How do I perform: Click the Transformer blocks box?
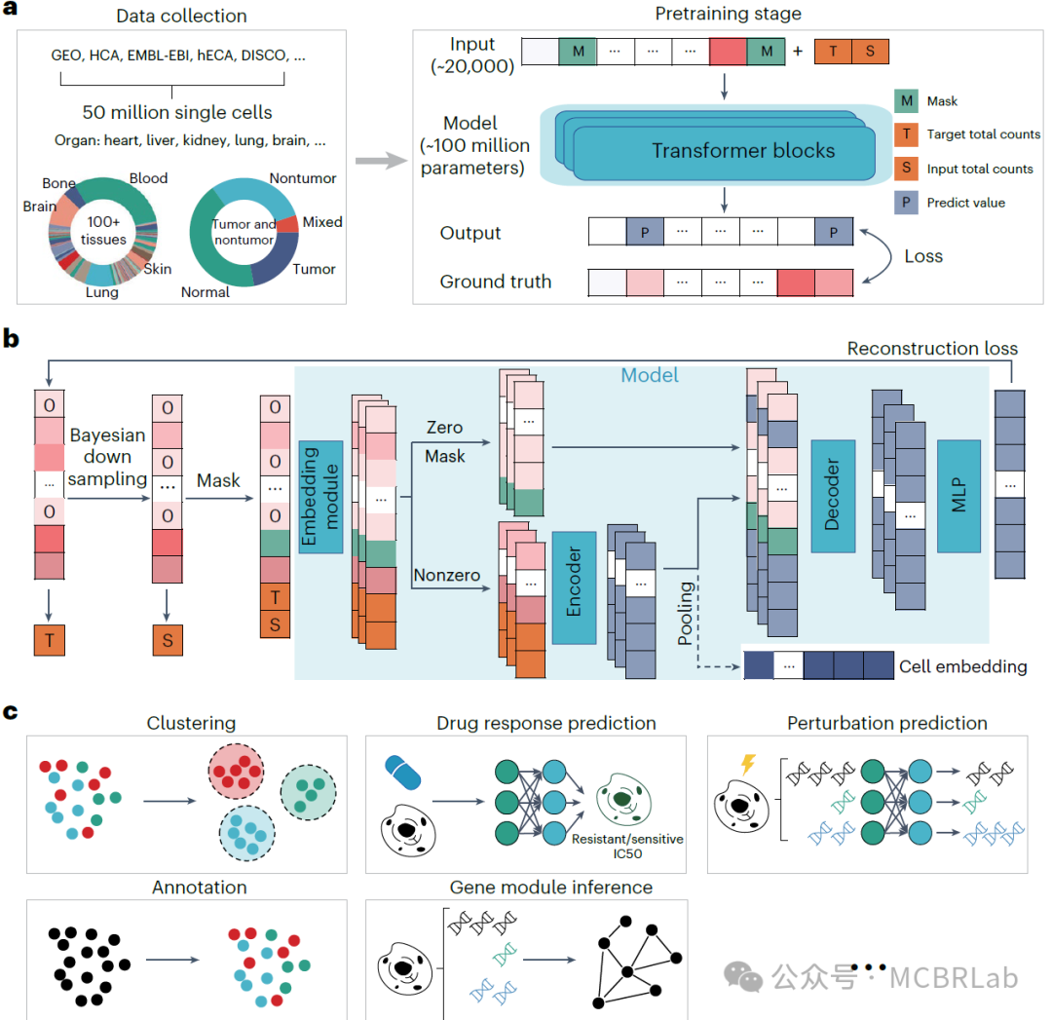coord(742,150)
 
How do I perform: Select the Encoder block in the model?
coord(574,587)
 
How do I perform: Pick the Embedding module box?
coord(321,497)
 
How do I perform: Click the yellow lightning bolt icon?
coord(748,762)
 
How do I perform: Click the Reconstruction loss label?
coord(932,348)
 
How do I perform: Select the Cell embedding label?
coord(962,666)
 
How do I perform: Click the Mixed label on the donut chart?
coord(322,222)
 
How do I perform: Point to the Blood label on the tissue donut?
coord(148,178)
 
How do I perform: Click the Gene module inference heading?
coord(550,888)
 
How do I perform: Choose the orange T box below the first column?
coord(50,639)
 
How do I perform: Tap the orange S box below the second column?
coord(168,639)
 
